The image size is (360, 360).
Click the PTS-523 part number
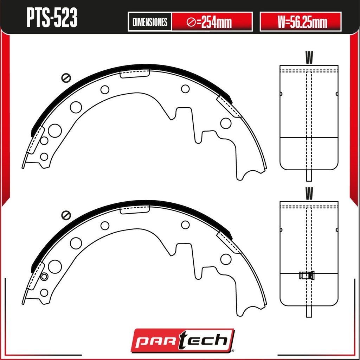[x=52, y=18]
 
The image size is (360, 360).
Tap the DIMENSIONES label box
[x=150, y=22]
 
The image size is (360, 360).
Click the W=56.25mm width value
[x=302, y=22]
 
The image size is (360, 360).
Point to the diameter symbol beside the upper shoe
[x=66, y=78]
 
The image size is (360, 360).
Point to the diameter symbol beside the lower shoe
[x=66, y=215]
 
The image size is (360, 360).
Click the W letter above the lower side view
[x=309, y=193]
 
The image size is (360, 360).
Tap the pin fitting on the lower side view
[x=307, y=275]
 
